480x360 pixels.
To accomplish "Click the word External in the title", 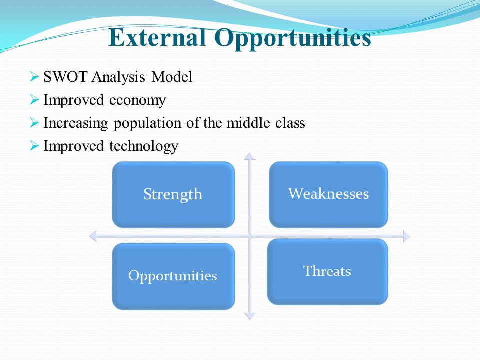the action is [x=157, y=37].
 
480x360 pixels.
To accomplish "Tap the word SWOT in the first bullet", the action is [x=66, y=76].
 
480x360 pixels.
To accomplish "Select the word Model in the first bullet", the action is [x=172, y=76].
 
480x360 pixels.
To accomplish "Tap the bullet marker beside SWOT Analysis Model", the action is [x=34, y=76].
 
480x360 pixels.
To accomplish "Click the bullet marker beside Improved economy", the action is [x=34, y=100].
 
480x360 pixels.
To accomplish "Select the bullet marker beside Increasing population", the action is [x=34, y=123].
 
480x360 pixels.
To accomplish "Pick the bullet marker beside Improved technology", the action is [x=34, y=145].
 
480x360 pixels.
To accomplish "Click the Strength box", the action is [x=173, y=194].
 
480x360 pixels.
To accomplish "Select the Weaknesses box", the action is [x=329, y=194].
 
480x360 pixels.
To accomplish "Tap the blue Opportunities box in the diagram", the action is [x=173, y=276].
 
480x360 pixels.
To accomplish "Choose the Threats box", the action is [x=328, y=272].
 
